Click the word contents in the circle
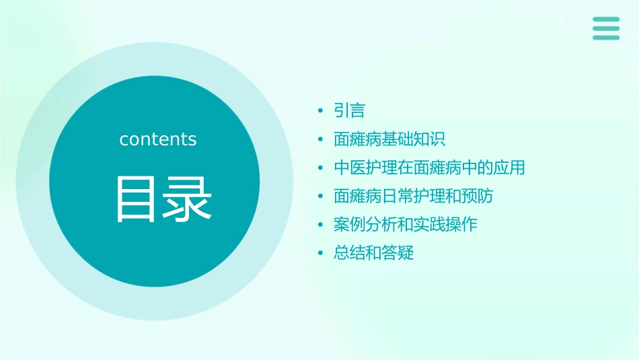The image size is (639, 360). tap(158, 139)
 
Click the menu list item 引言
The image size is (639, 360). tap(349, 110)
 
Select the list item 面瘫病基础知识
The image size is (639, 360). tap(389, 139)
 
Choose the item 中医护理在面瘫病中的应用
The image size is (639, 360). tap(429, 168)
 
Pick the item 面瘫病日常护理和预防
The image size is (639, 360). tap(413, 196)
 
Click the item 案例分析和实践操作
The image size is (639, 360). tap(405, 225)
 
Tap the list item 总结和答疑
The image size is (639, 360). tap(373, 253)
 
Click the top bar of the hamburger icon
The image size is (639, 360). tap(606, 19)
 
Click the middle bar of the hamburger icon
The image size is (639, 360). tap(606, 28)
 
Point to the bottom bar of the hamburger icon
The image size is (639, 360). tap(606, 38)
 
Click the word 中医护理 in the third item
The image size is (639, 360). tap(366, 168)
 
